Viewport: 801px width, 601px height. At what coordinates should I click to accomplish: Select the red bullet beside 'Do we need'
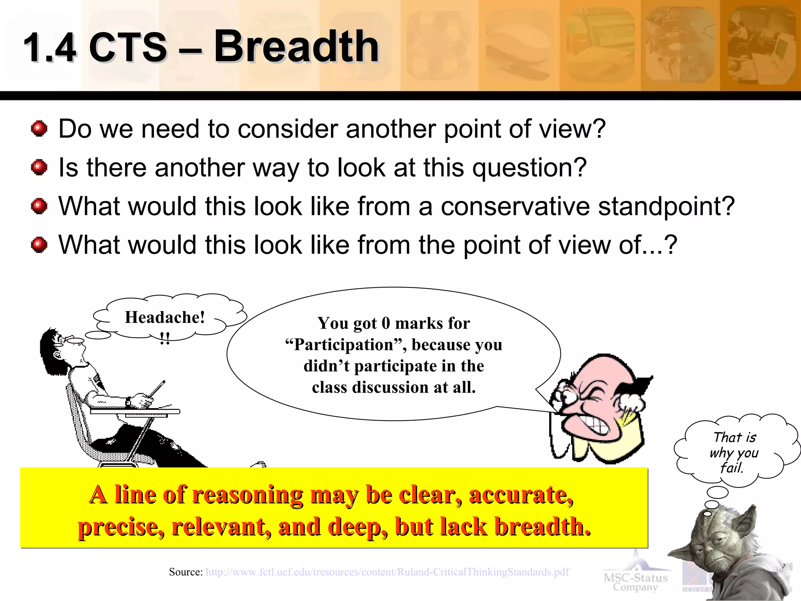pos(39,128)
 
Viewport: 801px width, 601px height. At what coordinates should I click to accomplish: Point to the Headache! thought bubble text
pos(165,317)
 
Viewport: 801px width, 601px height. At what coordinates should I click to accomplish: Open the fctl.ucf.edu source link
pos(387,572)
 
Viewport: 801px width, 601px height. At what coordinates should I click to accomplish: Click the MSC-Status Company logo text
pos(635,582)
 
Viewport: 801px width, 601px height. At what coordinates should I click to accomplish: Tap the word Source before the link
pos(185,572)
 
